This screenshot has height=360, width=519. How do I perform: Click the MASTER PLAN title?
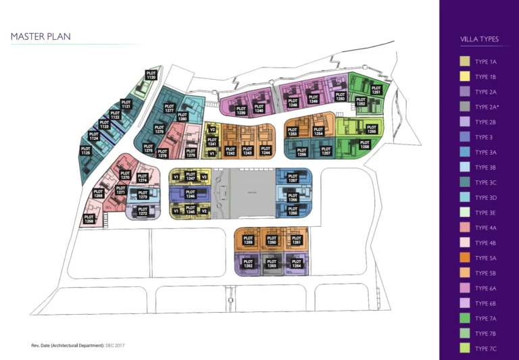coord(41,36)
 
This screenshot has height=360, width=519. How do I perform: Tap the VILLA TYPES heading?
coord(479,39)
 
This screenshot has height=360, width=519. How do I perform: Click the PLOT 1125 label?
coord(86,151)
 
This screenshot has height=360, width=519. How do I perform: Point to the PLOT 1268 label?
coord(89,219)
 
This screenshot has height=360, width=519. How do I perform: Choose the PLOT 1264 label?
coord(296,263)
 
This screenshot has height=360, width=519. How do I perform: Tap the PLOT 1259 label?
coord(248,240)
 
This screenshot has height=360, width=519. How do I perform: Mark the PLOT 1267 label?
coord(293,178)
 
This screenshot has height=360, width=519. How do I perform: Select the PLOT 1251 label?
coord(376,89)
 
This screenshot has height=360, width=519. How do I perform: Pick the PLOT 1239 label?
coord(241,110)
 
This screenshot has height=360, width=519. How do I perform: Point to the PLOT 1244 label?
coord(266,151)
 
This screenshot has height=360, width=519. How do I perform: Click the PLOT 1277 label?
coord(170,109)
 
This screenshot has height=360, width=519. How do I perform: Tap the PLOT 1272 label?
coord(143,211)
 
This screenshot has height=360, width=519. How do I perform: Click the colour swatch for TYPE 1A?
coord(465,61)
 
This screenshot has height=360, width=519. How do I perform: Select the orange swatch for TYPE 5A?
coord(465,258)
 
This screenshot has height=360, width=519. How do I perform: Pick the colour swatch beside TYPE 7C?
coord(465,349)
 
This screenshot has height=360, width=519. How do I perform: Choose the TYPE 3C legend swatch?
coord(465,182)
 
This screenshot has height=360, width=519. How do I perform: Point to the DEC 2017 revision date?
coord(115,345)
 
